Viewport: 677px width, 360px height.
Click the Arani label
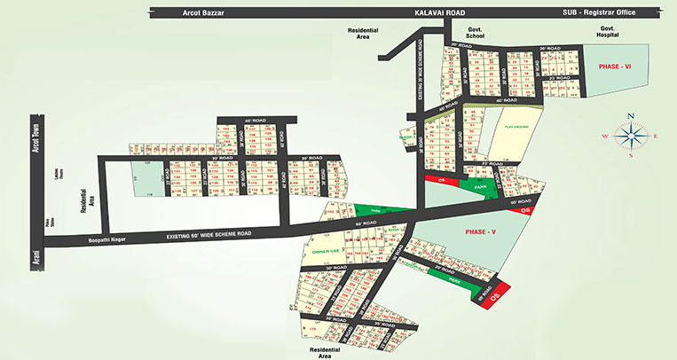coord(36,257)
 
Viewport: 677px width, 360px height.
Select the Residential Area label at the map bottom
coord(322,354)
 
